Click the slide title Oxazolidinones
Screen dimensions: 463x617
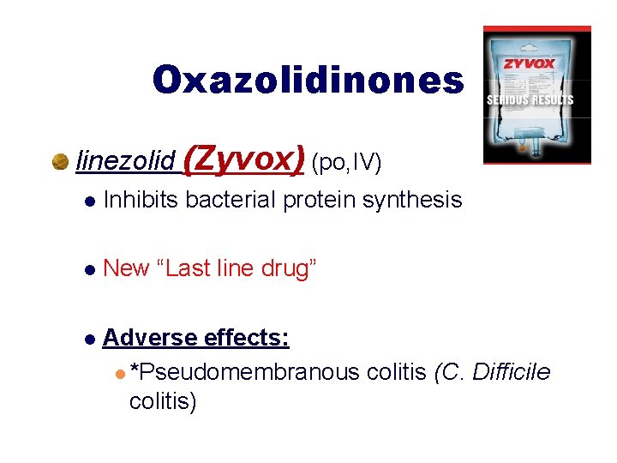[x=308, y=80]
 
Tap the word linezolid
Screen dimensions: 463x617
[x=125, y=160]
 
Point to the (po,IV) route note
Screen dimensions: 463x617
[x=346, y=161]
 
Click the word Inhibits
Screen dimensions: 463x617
[x=141, y=201]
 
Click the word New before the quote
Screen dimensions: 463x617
[x=126, y=268]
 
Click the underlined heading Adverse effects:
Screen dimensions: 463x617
[x=195, y=337]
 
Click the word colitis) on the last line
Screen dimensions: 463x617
[x=163, y=400]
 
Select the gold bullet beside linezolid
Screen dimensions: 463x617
[x=61, y=161]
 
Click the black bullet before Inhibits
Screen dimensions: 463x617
[x=88, y=202]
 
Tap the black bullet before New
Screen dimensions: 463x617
[x=88, y=270]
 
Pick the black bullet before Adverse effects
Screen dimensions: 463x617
[x=88, y=339]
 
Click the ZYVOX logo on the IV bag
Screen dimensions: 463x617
[x=529, y=63]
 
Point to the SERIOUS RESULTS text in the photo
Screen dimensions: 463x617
[x=530, y=100]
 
